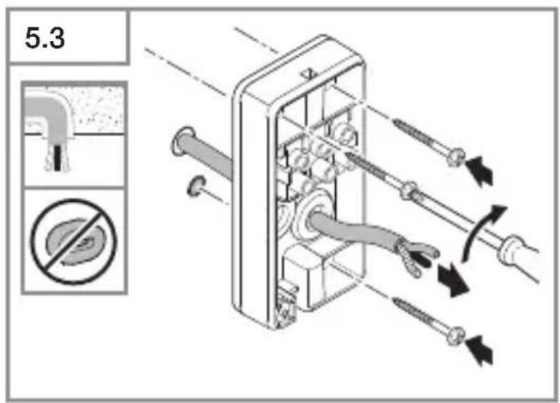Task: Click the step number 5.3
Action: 44,38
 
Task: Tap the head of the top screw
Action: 456,157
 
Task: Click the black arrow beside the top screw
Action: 480,171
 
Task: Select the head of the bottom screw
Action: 456,336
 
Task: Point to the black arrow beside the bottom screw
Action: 480,350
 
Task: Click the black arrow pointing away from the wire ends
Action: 453,280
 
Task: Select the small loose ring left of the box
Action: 196,186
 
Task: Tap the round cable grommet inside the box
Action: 314,214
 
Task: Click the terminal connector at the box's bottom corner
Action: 287,302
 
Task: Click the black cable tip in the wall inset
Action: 57,157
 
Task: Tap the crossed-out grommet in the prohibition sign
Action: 74,242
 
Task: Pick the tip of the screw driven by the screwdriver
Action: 348,154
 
